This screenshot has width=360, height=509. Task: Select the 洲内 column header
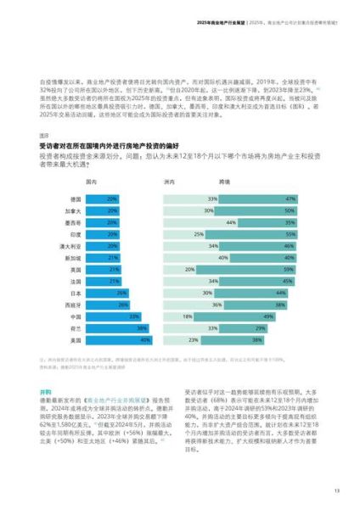click(x=168, y=182)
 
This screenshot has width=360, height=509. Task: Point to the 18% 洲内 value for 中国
click(x=188, y=316)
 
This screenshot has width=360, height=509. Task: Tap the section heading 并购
click(x=45, y=368)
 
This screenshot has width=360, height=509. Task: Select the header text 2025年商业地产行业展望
click(x=220, y=23)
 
